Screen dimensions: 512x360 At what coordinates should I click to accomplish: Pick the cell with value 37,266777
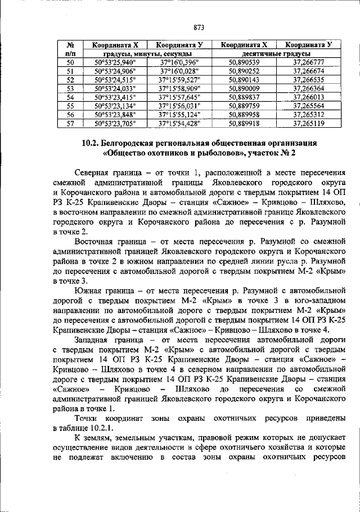309,62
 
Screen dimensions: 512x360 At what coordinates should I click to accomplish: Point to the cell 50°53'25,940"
116,62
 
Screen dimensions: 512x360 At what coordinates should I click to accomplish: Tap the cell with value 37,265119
309,123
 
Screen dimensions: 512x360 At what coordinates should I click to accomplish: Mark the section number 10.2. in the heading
92,143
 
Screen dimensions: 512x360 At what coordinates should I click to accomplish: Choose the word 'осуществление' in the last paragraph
81,449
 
